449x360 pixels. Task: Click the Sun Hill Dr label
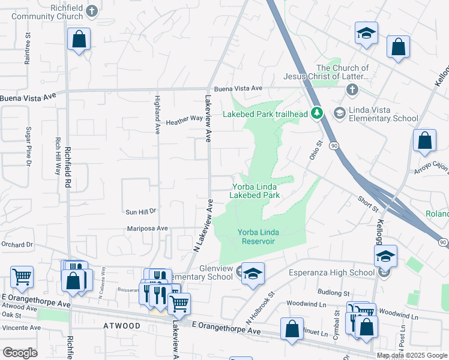pyautogui.click(x=140, y=211)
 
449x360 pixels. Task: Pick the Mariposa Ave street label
pyautogui.click(x=147, y=229)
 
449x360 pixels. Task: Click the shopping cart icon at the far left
pyautogui.click(x=22, y=277)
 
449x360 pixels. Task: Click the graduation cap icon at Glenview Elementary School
pyautogui.click(x=253, y=273)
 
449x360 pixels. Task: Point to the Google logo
pyautogui.click(x=20, y=353)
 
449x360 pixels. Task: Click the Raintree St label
pyautogui.click(x=28, y=53)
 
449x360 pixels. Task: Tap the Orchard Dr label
pyautogui.click(x=17, y=245)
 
